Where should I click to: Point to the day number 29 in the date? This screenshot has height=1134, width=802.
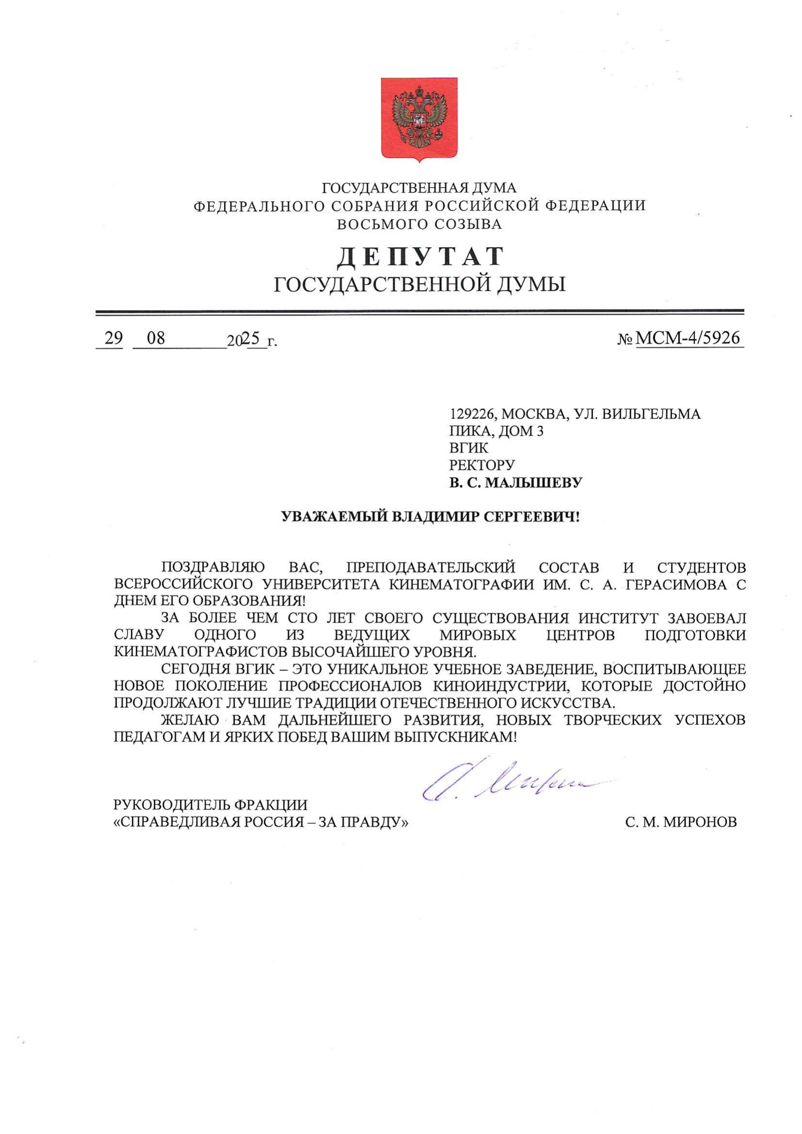click(113, 338)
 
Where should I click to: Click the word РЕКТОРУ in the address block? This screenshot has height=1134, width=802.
click(482, 465)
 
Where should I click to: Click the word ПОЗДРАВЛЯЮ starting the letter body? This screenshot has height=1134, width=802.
click(213, 568)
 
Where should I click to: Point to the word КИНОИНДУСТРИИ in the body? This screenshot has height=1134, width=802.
click(501, 686)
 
